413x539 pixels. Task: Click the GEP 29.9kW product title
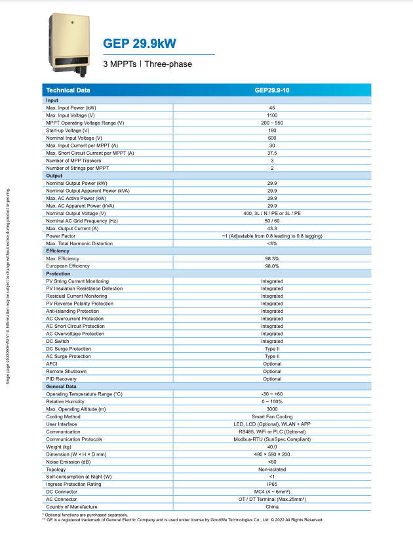click(x=140, y=43)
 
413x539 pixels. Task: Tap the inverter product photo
click(x=70, y=42)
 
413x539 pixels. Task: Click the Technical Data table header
click(x=68, y=90)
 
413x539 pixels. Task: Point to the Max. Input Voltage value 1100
click(x=272, y=115)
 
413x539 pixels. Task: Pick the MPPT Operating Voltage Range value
click(x=272, y=123)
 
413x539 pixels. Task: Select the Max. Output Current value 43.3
click(x=272, y=228)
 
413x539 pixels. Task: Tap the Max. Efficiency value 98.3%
click(x=272, y=258)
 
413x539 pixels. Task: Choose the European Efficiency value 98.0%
click(x=272, y=266)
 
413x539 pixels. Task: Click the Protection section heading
click(x=58, y=273)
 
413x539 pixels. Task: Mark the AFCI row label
click(x=52, y=364)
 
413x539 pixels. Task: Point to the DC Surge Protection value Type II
click(x=272, y=349)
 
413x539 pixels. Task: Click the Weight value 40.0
click(x=272, y=447)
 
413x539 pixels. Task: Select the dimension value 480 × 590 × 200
click(x=272, y=454)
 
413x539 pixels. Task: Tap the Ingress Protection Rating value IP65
click(x=272, y=485)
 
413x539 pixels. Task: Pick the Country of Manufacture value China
click(x=272, y=507)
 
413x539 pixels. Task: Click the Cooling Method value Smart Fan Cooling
click(x=272, y=416)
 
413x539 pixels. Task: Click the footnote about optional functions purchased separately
click(x=85, y=515)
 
